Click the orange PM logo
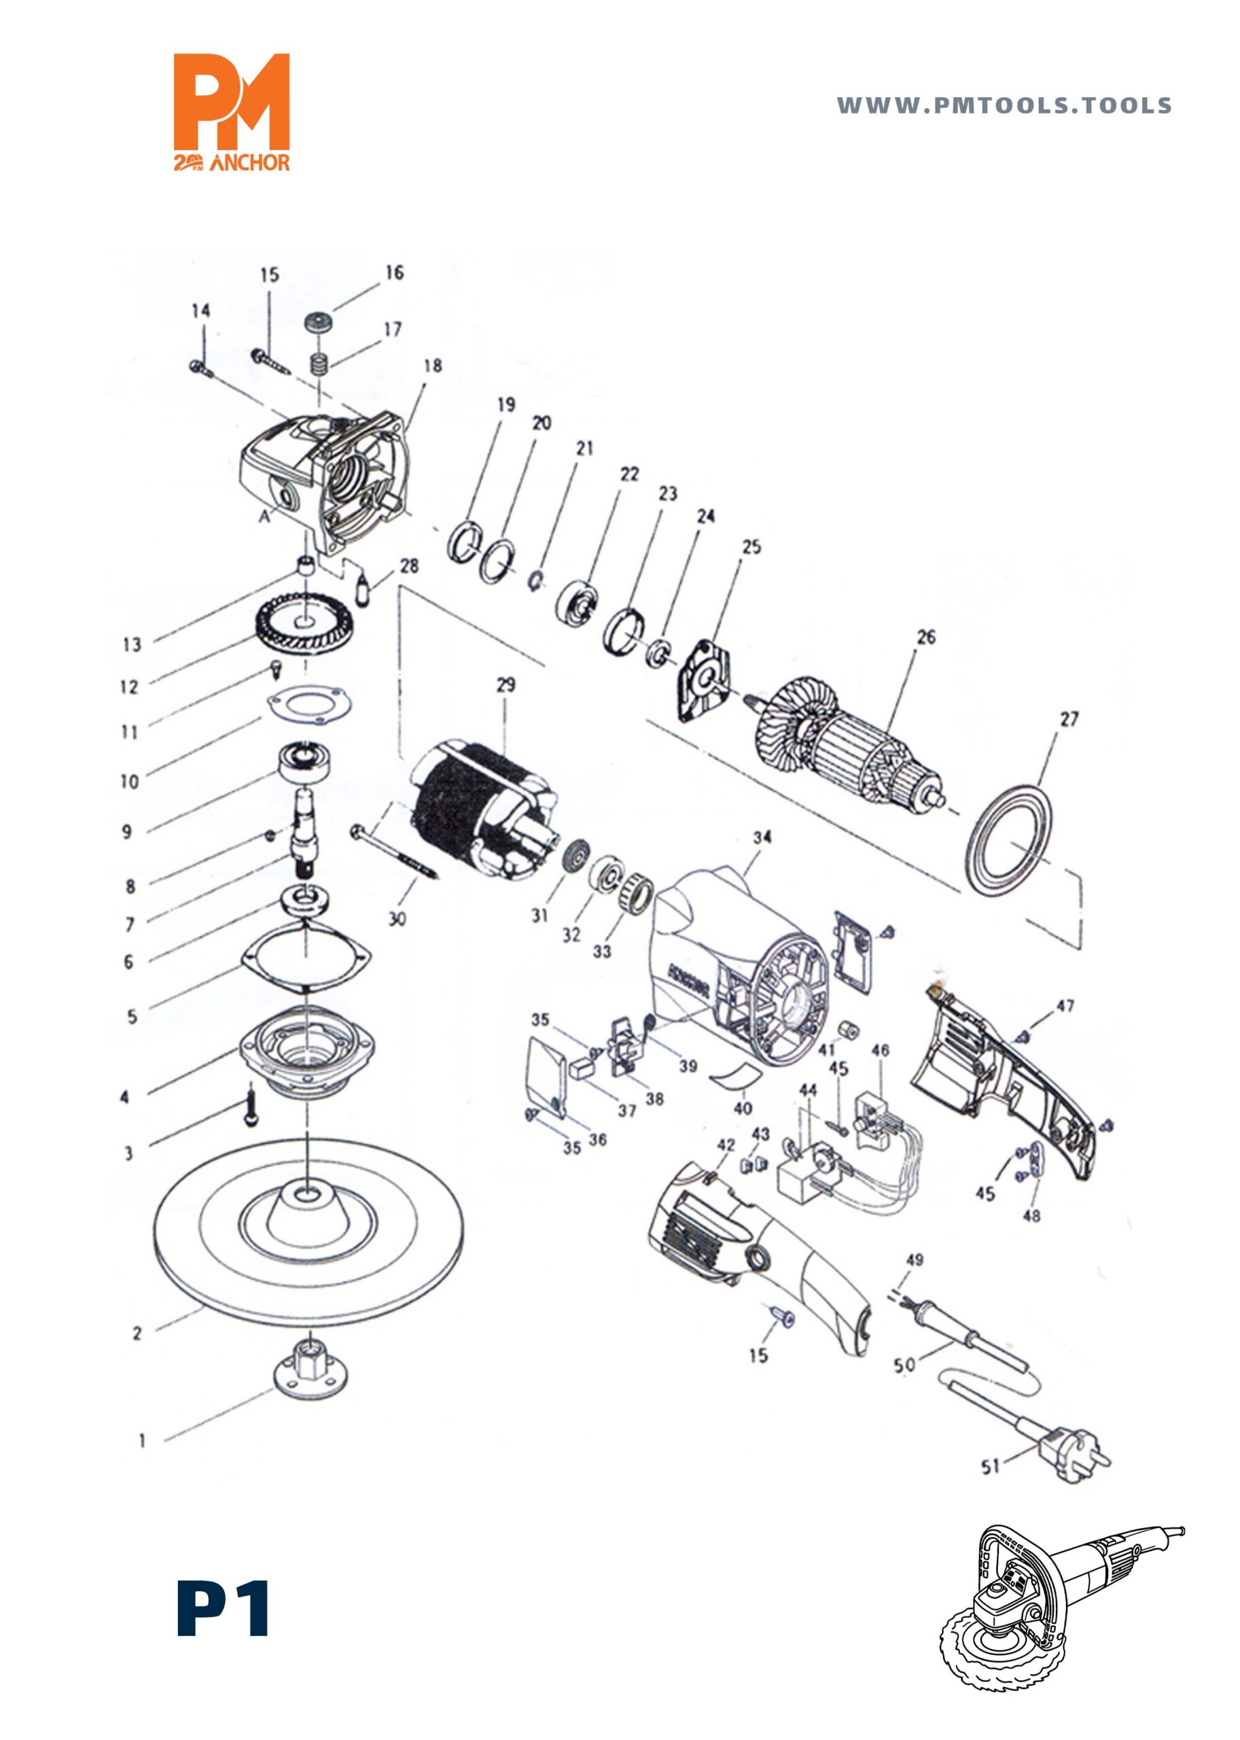click(232, 111)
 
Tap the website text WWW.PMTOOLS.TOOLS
click(1004, 105)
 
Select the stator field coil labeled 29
click(481, 810)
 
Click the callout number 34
click(762, 837)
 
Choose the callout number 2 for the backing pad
click(137, 1334)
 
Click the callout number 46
click(880, 1051)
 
